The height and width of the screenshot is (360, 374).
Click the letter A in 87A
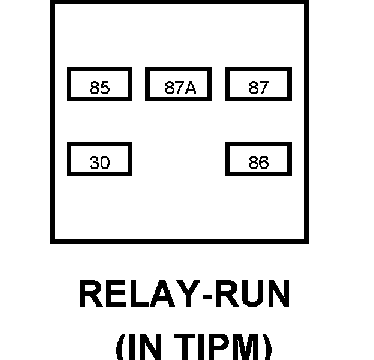tap(191, 88)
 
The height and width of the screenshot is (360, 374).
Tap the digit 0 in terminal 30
tap(105, 163)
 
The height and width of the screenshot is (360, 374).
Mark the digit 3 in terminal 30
tap(95, 163)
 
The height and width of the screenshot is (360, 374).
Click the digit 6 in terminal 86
tap(264, 163)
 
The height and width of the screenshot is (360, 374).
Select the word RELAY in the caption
tap(140, 293)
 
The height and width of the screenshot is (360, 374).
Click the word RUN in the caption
tap(252, 293)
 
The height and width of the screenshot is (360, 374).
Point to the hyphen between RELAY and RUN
tap(207, 297)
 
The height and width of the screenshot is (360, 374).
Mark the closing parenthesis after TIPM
tap(268, 347)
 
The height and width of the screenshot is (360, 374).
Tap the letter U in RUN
tap(252, 293)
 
